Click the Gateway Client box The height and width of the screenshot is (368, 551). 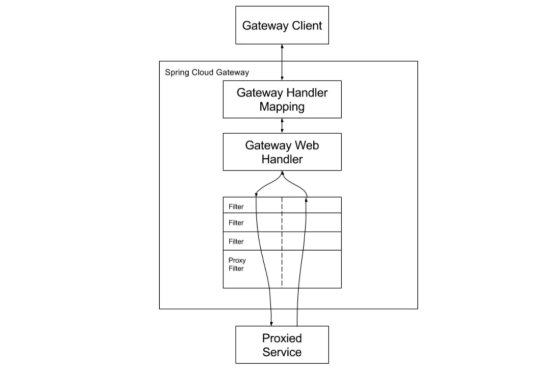(282, 25)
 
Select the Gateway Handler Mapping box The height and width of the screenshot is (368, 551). (282, 100)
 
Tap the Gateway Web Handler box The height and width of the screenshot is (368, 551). (282, 152)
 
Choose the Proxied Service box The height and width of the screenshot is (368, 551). (282, 345)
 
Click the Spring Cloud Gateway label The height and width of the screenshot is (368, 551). (207, 72)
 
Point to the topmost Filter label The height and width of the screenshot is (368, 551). (236, 207)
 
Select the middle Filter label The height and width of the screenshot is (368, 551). (236, 223)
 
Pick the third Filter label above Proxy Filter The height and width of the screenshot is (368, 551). (236, 241)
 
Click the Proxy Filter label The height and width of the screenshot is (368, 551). (237, 264)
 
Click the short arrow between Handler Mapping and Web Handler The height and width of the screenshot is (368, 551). (282, 126)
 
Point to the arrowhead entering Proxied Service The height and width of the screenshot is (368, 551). (271, 323)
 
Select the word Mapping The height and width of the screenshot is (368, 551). (282, 107)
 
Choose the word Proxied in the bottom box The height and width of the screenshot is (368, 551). (282, 338)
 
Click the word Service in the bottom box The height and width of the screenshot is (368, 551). (282, 352)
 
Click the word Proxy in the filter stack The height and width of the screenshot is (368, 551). (237, 261)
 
